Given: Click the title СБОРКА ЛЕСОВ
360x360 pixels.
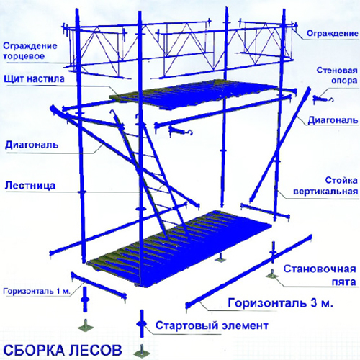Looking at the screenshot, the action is pos(63,351).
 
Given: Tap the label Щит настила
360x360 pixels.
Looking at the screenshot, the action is pos(35,78).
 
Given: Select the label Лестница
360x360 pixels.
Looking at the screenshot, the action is pos(30,186).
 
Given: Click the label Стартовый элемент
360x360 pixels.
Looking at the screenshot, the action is pos(212,325).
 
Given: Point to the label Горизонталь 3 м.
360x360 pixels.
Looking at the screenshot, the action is pos(281,303).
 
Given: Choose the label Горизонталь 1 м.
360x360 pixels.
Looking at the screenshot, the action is pos(37,292).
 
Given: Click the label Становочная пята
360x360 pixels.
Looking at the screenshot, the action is pos(320,275).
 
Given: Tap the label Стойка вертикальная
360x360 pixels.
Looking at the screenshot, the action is pos(325,186).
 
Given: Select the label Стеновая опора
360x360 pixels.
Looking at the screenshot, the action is pos(337,76).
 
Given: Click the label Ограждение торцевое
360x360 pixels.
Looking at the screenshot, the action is pos(30,51).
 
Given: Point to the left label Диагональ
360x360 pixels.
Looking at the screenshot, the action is pos(32,145).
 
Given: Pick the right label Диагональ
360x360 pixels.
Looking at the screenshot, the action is pos(333,120).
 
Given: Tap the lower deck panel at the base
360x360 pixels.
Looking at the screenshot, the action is pos(179,248).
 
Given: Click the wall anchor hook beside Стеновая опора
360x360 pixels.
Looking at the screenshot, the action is pos(323,99).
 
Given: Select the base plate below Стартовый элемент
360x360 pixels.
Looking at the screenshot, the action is pos(142,352).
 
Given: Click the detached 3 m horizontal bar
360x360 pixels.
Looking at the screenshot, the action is pos(248,271).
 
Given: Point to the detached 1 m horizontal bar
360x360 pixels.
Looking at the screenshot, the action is pos(99,286).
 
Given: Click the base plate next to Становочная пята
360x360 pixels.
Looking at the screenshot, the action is pos(272,275).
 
